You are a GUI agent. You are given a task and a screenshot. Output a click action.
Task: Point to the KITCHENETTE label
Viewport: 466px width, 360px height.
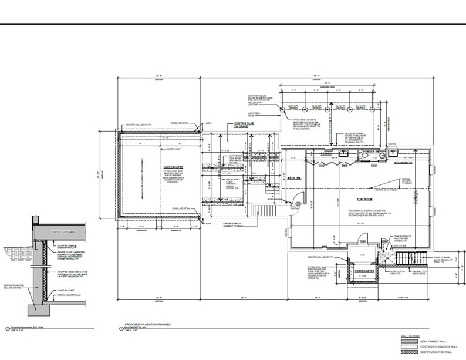tap(404, 161)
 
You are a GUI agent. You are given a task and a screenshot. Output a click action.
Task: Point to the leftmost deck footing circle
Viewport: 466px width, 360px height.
tap(284, 109)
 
